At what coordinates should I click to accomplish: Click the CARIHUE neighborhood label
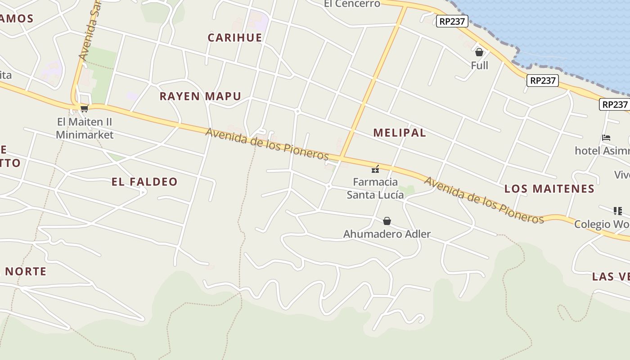[x=235, y=37]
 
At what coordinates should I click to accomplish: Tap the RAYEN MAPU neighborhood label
[x=200, y=96]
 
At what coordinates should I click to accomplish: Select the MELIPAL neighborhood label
[x=400, y=133]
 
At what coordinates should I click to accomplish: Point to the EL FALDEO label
[x=144, y=182]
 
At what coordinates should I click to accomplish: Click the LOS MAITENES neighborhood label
[x=549, y=189]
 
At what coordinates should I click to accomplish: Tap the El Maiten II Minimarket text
[x=85, y=128]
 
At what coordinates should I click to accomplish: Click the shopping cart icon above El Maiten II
[x=84, y=108]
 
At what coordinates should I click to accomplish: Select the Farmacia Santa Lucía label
[x=375, y=188]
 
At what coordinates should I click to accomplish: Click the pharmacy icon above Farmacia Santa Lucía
[x=375, y=169]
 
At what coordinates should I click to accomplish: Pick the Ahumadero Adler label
[x=387, y=234]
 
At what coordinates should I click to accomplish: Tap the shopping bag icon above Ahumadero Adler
[x=387, y=221]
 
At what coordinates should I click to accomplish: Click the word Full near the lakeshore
[x=479, y=66]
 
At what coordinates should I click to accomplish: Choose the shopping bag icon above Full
[x=479, y=53]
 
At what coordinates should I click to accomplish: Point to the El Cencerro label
[x=352, y=4]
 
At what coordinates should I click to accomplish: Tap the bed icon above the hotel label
[x=606, y=138]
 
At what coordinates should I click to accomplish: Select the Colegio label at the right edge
[x=602, y=224]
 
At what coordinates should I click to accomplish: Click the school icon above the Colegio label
[x=617, y=211]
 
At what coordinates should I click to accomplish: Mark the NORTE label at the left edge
[x=26, y=271]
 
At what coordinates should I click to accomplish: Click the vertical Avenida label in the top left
[x=89, y=31]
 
